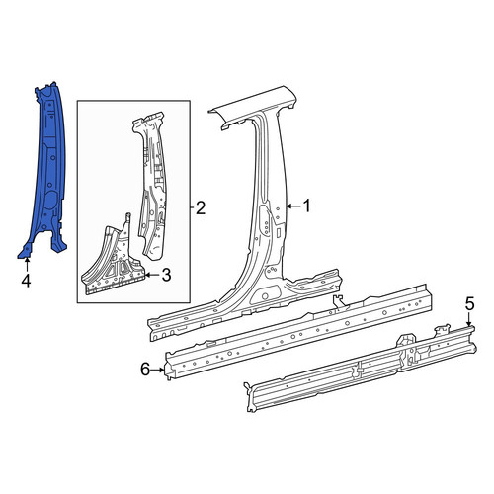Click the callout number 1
[307, 206]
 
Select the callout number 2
[201, 207]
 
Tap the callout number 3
[167, 275]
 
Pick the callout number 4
[26, 281]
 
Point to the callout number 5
[469, 303]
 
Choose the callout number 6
[145, 370]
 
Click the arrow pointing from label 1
[293, 206]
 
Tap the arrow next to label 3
[152, 275]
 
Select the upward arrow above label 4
[27, 265]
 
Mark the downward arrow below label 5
[469, 320]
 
